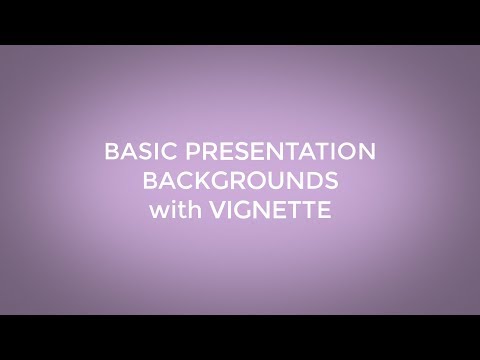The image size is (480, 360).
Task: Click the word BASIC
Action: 135,153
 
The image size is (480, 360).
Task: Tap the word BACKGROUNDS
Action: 240,182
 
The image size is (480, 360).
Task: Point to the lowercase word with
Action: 175,211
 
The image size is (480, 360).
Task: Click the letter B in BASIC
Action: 111,153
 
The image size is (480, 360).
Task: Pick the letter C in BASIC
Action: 160,153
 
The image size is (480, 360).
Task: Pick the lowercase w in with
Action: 158,212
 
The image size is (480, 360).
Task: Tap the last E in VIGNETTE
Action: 325,211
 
